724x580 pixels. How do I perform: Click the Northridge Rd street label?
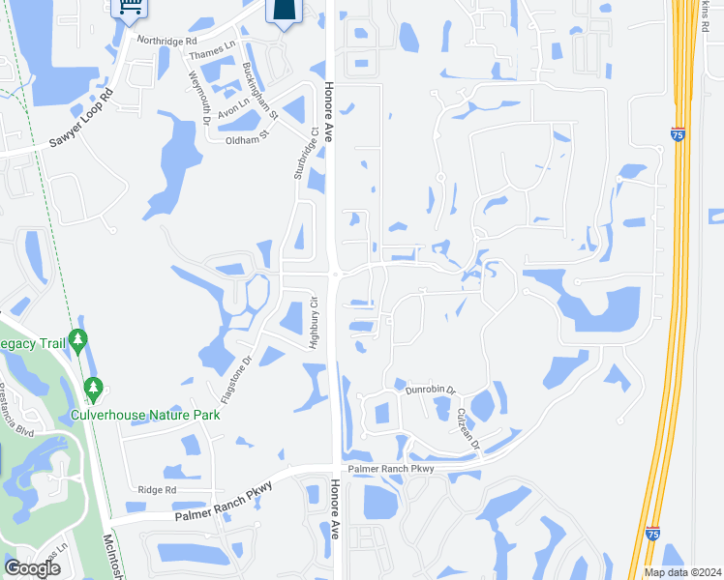(167, 42)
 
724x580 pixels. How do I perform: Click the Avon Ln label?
(234, 112)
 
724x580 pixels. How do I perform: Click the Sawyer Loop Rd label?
(81, 119)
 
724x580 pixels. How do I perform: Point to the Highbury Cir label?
(313, 324)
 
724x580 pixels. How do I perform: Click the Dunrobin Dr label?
(431, 390)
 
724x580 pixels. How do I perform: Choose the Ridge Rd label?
(157, 490)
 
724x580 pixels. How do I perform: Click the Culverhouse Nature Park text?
(146, 415)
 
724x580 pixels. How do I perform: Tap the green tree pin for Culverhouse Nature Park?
(94, 389)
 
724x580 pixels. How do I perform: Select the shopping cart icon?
(127, 8)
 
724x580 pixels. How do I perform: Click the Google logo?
(32, 568)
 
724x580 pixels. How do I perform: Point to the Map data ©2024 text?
(683, 572)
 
